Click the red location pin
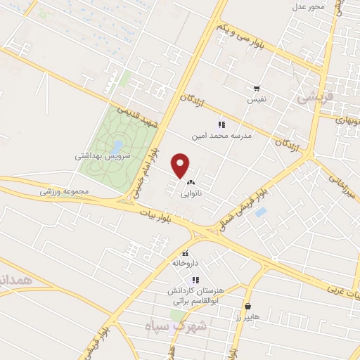[x=181, y=166]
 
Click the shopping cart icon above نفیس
[x=257, y=89]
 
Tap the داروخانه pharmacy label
[x=186, y=262]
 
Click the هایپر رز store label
[x=247, y=317]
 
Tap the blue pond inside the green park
[x=117, y=146]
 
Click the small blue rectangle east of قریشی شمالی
[x=260, y=212]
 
